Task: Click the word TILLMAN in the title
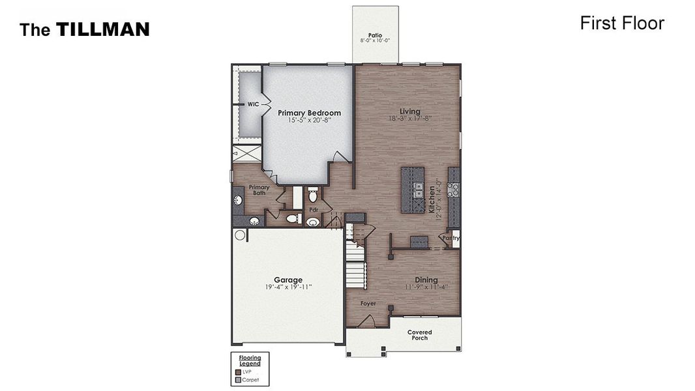102,29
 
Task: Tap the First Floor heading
621,23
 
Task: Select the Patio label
375,35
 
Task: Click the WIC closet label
252,104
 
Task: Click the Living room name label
409,111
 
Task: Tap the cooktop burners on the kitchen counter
453,190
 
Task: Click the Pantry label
451,238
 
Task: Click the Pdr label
314,210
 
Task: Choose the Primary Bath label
259,190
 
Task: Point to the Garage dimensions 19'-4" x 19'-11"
288,287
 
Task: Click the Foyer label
369,304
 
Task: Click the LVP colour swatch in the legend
238,371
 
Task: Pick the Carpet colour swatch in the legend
238,379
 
